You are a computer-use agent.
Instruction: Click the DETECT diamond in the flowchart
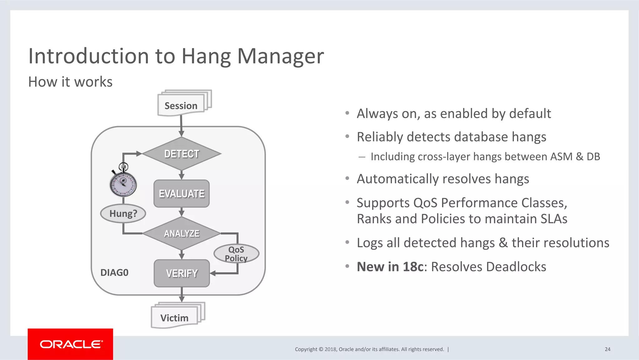tap(182, 154)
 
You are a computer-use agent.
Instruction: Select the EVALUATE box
tap(182, 194)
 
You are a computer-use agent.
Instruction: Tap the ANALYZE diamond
tap(182, 233)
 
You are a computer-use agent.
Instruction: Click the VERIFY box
tap(182, 273)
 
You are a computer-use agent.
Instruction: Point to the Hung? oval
tap(123, 214)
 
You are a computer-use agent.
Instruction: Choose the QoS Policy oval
tap(236, 254)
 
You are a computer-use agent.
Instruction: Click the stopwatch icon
tap(123, 183)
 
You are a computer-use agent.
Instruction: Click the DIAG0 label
tap(114, 273)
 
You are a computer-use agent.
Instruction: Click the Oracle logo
tap(71, 344)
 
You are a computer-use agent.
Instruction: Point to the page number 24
tap(607, 349)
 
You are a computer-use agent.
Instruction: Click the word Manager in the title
tap(280, 56)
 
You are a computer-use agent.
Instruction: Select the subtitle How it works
tap(70, 82)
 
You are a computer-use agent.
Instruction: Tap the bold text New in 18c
tap(390, 267)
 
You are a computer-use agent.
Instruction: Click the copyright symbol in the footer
tap(320, 349)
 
